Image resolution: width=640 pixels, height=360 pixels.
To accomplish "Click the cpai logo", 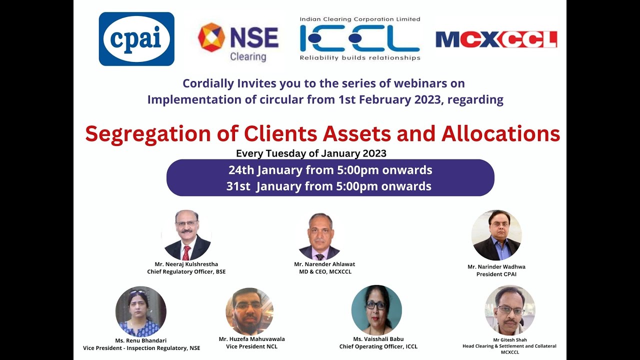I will (x=136, y=39).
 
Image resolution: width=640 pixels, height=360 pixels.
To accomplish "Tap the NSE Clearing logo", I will (x=238, y=42).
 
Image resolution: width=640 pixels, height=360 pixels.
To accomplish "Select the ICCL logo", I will (x=360, y=39).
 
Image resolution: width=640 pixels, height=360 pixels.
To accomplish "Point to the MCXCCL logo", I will (x=496, y=39).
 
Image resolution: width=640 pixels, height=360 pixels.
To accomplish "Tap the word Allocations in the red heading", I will (x=500, y=134).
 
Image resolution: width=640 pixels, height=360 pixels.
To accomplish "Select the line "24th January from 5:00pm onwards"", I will (x=330, y=170).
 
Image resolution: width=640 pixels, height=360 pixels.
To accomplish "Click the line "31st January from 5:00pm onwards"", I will (x=328, y=186).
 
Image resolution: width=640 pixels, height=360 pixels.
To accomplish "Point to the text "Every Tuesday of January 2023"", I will (x=311, y=153).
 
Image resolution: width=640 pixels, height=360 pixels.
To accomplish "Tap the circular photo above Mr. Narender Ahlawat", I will (x=319, y=236).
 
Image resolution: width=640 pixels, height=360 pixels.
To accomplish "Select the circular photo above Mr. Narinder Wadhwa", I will (x=496, y=235).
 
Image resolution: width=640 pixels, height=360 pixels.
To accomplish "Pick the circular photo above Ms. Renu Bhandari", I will (x=140, y=311).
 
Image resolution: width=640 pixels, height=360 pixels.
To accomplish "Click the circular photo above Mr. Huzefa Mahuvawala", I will (x=249, y=311).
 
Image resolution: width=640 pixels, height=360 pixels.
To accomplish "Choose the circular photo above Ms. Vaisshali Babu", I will (x=376, y=310).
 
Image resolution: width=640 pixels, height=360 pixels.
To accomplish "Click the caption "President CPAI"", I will (x=496, y=274).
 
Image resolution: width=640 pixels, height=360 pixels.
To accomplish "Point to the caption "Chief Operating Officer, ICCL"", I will (x=378, y=346).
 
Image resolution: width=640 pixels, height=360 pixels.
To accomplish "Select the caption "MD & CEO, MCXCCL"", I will (x=325, y=271).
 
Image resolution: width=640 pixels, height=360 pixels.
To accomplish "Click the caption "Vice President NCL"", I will (x=251, y=346).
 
